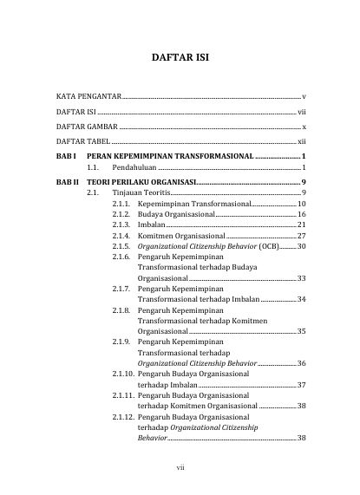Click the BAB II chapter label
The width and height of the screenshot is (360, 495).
(x=67, y=182)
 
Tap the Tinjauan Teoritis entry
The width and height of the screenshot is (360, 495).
(x=142, y=193)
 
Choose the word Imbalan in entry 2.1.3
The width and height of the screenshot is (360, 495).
(x=152, y=225)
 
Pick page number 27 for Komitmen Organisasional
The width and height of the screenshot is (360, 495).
(x=301, y=236)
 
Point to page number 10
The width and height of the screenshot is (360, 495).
(x=301, y=202)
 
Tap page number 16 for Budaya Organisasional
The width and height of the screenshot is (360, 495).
(x=301, y=213)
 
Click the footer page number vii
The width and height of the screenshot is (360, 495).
(x=180, y=468)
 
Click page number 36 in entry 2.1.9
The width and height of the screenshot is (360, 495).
(x=301, y=362)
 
